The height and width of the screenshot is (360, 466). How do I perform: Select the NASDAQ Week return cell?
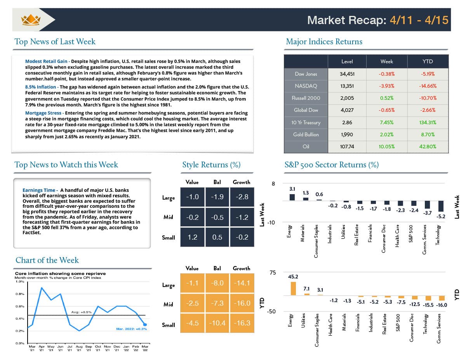point(387,86)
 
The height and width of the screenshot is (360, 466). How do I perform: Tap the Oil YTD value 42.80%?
point(428,146)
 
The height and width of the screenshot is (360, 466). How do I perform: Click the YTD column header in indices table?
point(428,61)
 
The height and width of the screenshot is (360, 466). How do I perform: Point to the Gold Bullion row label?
point(306,134)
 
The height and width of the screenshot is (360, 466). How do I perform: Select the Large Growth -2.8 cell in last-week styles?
point(242,197)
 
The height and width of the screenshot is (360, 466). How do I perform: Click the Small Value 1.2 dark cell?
point(192,237)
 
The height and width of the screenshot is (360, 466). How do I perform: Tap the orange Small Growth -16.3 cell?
point(242,323)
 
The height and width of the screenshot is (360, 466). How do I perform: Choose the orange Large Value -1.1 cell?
point(192,283)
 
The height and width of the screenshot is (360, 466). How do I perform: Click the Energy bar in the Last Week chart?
point(292,197)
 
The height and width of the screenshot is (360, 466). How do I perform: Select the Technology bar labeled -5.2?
point(441,206)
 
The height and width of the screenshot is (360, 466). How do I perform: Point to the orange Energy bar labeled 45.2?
point(293,289)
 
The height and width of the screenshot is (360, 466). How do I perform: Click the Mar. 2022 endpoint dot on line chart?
point(145,325)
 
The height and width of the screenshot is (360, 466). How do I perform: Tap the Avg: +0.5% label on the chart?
point(81,312)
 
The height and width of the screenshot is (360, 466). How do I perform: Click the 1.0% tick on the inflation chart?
point(19,282)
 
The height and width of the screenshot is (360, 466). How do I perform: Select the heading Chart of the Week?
point(47,260)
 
